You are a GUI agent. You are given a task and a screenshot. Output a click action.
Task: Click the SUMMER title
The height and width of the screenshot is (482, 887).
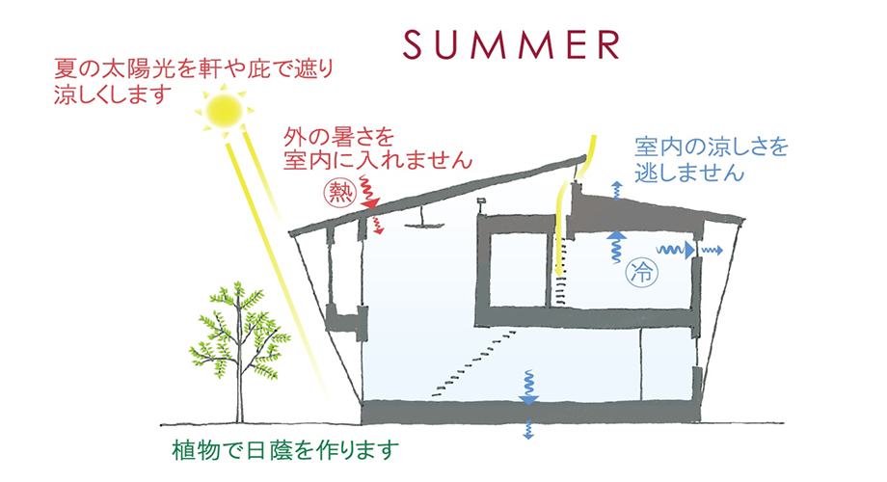(511, 44)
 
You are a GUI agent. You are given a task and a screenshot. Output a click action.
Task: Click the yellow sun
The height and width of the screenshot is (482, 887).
(224, 110)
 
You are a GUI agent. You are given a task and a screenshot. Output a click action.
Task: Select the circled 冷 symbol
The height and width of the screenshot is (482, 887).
(642, 273)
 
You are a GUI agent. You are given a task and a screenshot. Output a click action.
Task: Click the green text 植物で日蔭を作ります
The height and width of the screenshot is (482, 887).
(285, 451)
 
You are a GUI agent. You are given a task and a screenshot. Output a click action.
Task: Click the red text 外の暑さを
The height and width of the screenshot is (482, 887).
(338, 138)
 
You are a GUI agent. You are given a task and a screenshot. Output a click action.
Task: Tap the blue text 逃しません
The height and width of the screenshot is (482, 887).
(689, 172)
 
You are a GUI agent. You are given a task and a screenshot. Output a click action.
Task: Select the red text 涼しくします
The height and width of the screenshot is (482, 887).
(113, 94)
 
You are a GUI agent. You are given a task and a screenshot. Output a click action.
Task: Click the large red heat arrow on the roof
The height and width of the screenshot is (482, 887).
(369, 194)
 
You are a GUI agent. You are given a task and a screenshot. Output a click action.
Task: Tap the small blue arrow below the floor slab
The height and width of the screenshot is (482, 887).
(528, 430)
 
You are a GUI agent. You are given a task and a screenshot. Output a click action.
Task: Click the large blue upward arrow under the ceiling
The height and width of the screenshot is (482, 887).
(617, 246)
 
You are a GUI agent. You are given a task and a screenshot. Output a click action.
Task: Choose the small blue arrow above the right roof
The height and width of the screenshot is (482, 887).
(617, 191)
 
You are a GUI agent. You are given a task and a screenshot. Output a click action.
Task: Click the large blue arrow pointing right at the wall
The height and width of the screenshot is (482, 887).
(676, 250)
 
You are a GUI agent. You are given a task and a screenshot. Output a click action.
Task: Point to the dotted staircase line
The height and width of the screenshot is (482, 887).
(474, 363)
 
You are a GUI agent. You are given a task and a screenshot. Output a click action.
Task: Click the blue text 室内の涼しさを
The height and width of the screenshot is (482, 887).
(712, 147)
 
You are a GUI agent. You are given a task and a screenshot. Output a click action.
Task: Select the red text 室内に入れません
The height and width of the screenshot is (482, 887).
(378, 161)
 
